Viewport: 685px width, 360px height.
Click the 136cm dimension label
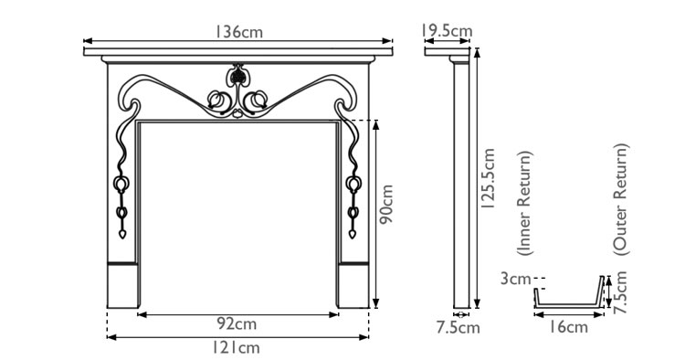239,31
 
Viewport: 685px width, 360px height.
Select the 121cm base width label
237,348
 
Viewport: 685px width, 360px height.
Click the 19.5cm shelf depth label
448,31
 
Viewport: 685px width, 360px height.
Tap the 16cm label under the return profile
570,327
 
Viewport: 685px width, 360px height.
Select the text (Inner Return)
523,202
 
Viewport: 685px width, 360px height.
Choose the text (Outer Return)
621,197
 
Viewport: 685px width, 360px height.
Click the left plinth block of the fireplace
123,286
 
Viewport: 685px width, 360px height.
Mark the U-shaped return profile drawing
568,298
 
